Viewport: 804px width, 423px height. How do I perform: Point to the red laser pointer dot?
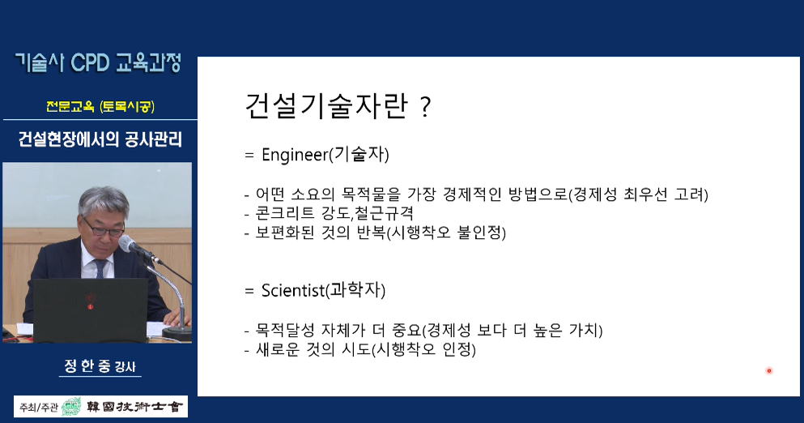coord(768,370)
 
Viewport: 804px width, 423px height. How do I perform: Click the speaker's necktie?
coord(99,267)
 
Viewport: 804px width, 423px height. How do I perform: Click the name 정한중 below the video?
coord(87,365)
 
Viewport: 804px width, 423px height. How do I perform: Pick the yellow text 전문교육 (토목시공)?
coord(100,106)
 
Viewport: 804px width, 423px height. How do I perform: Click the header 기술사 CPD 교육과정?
coord(99,62)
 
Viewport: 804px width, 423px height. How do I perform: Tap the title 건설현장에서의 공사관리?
coord(100,139)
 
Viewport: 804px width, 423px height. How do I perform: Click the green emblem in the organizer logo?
coord(71,407)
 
